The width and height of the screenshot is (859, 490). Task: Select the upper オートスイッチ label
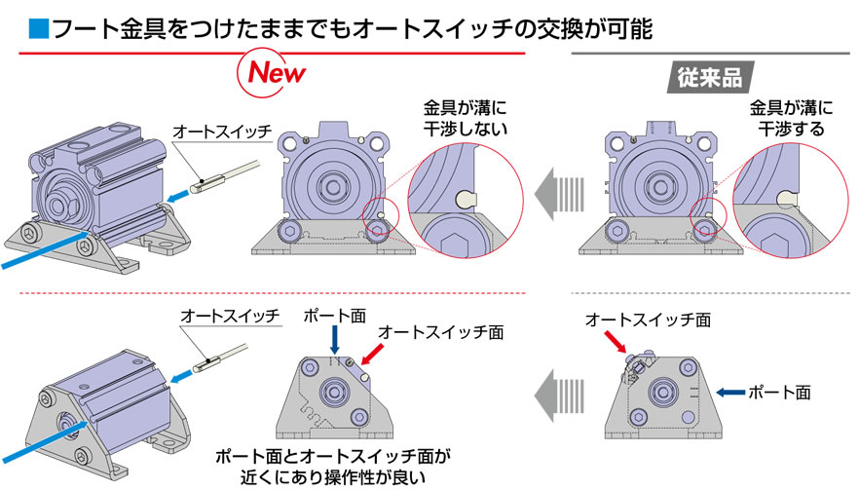click(x=216, y=132)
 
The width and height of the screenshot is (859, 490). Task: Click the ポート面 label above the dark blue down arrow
click(x=334, y=317)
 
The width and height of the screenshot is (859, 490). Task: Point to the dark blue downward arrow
click(x=334, y=340)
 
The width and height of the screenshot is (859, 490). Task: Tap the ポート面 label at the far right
click(x=779, y=392)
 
